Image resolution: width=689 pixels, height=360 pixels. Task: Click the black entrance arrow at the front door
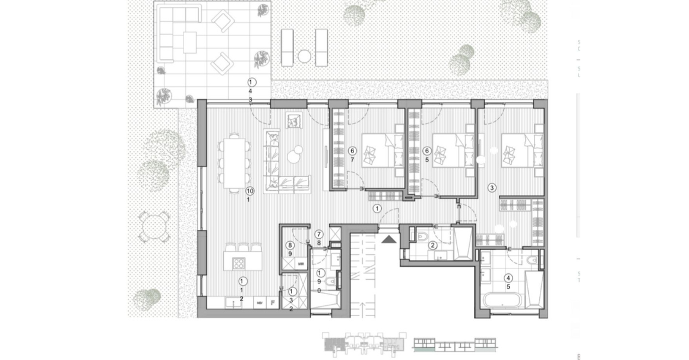click(x=388, y=239)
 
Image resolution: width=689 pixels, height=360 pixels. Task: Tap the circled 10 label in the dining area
click(x=249, y=191)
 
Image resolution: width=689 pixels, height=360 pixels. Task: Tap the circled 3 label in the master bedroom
click(x=492, y=188)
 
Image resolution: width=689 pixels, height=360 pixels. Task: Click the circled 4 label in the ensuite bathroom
click(x=508, y=277)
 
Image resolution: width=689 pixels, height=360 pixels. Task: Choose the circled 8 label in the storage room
click(x=290, y=245)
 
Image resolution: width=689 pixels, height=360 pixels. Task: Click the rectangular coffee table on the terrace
click(x=189, y=41)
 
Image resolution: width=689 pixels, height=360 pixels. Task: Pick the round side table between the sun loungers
click(x=304, y=57)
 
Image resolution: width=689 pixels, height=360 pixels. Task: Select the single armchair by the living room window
click(x=294, y=121)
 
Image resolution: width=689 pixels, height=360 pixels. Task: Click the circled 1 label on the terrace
click(x=251, y=81)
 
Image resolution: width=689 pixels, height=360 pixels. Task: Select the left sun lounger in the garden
click(x=287, y=47)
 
